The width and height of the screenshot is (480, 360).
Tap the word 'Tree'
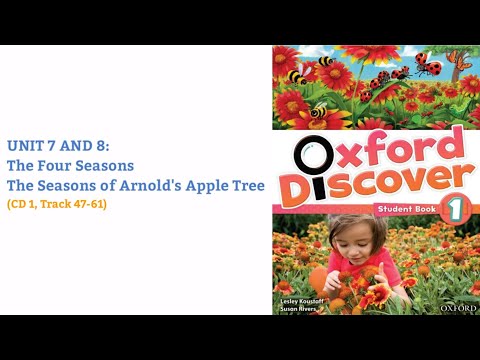(245, 185)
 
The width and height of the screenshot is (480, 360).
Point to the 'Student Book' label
(403, 208)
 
